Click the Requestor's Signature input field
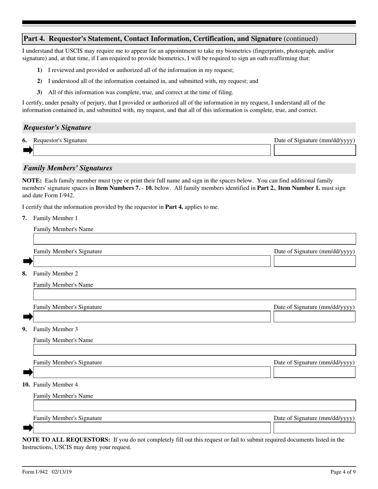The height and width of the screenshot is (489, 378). click(x=151, y=150)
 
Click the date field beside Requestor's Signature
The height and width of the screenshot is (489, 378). click(x=315, y=150)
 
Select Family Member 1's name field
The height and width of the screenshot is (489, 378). click(x=195, y=239)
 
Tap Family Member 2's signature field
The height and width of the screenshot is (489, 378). click(x=151, y=317)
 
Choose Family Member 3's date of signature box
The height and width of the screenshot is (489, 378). click(x=315, y=372)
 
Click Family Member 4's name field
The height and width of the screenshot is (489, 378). click(x=195, y=406)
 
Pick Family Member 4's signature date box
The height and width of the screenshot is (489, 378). click(x=315, y=428)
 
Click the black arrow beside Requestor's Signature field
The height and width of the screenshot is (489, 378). click(x=27, y=150)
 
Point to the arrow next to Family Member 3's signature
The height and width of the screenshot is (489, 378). click(x=27, y=372)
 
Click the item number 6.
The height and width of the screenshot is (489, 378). click(x=25, y=140)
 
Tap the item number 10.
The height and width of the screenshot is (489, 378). click(x=26, y=384)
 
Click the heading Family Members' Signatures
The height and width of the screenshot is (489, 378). click(x=68, y=168)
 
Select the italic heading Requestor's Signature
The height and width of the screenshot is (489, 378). click(x=57, y=128)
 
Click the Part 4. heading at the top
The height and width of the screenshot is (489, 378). click(x=170, y=39)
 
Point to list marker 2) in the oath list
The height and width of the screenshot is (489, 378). click(x=39, y=81)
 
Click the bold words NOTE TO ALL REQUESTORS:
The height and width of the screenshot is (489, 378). click(x=66, y=440)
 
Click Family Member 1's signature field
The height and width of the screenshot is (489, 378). click(x=151, y=261)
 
